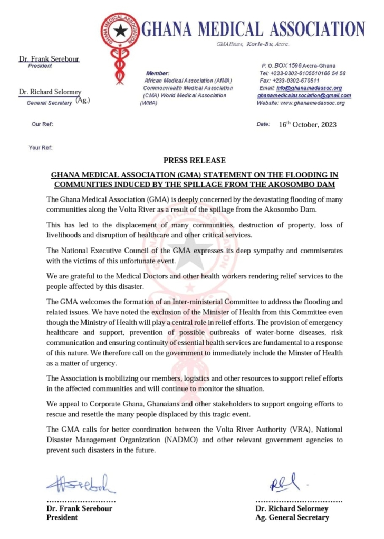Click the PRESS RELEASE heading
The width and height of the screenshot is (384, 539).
coord(194,160)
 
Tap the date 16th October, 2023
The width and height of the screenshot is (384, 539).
coord(308,125)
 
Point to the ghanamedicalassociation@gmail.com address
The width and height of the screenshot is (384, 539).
coord(304,96)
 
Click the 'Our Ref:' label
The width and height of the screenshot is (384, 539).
coord(43,125)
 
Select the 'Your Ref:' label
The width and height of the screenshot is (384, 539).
coord(41,148)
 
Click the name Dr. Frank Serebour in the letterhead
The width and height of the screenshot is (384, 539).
coord(49,59)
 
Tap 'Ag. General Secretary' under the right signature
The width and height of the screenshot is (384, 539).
coord(292,517)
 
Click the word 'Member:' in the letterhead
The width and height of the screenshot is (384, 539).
coord(157,73)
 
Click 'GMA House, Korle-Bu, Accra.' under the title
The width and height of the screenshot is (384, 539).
coord(253,44)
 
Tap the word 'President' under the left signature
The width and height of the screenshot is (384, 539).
coord(62,517)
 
